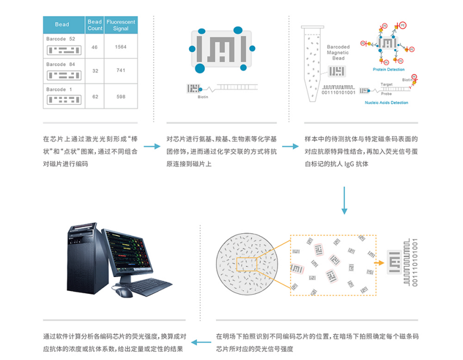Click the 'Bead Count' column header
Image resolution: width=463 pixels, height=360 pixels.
95,24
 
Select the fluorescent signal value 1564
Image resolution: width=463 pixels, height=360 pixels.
121,47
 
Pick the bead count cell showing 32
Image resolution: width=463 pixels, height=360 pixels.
95,71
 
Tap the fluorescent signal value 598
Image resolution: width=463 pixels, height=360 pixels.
121,96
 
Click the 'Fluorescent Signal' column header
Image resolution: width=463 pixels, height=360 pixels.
121,24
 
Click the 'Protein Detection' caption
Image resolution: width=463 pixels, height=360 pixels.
388,70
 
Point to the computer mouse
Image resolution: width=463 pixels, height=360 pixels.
122,292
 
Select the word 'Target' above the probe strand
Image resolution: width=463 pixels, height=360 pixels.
386,84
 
